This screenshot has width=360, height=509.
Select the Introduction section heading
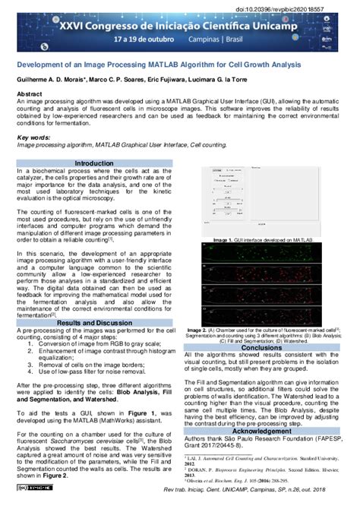tap(93, 163)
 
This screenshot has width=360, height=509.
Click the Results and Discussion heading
tap(94, 323)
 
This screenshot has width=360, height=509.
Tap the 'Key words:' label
tap(33, 137)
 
